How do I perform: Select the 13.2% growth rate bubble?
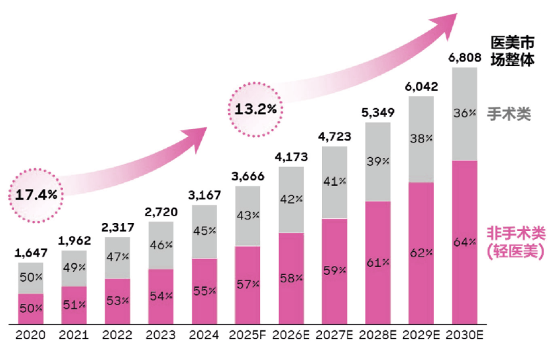(255, 108)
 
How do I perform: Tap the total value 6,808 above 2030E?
(464, 58)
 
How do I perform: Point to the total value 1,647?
(31, 253)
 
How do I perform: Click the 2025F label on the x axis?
(247, 334)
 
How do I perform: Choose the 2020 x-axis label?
(31, 334)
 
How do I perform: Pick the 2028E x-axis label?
(378, 334)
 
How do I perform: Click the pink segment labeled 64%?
(464, 243)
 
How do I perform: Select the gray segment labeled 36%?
(464, 113)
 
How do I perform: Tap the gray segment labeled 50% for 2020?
(31, 278)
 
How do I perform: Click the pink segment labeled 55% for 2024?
(204, 291)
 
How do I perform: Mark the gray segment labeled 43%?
(247, 215)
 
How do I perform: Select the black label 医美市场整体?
(512, 51)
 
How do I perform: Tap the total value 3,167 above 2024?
(204, 196)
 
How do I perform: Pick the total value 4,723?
(334, 136)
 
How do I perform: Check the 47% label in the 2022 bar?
(117, 257)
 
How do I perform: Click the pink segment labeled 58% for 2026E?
(290, 278)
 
